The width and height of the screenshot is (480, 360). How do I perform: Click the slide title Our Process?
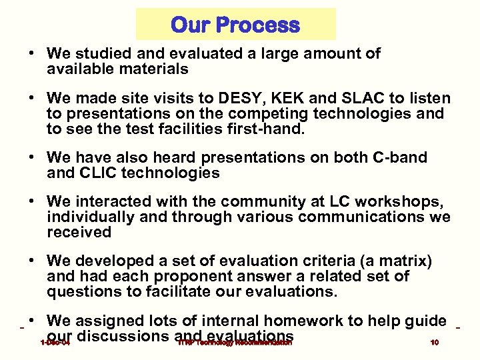[x=235, y=25]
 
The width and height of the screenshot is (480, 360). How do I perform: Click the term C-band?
[x=400, y=158]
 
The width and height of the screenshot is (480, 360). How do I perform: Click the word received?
[x=79, y=233]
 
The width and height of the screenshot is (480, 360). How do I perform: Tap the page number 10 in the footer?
[x=434, y=343]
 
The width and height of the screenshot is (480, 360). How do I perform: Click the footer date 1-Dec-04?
[x=55, y=343]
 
